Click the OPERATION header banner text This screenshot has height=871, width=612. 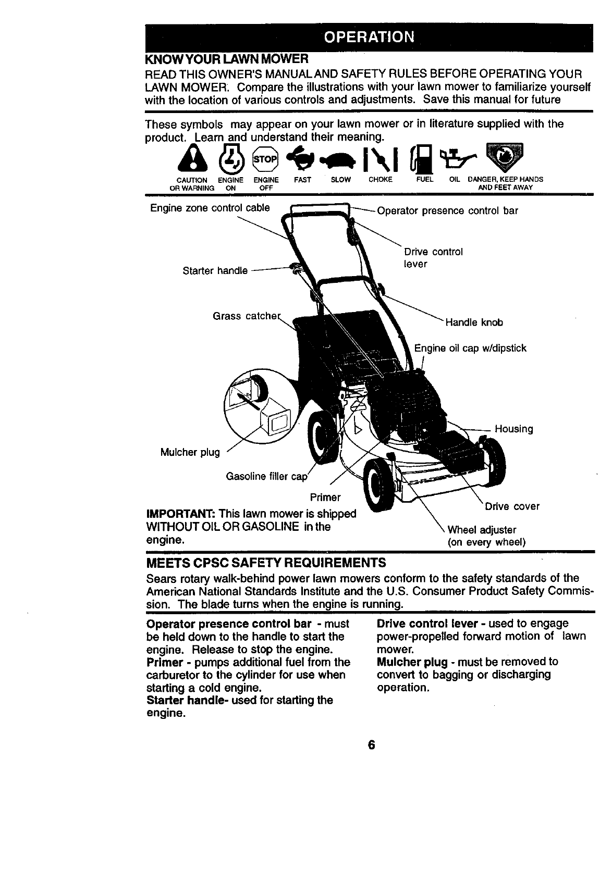pyautogui.click(x=369, y=38)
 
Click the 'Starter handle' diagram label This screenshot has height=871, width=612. pyautogui.click(x=215, y=271)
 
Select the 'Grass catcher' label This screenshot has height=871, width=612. pyautogui.click(x=246, y=316)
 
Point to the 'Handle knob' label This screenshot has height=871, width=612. pyautogui.click(x=474, y=322)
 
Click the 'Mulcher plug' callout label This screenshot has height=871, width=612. pyautogui.click(x=190, y=452)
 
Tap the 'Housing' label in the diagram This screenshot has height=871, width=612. pyautogui.click(x=513, y=429)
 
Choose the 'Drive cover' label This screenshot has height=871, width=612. pyautogui.click(x=512, y=506)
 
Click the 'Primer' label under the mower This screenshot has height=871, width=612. pyautogui.click(x=325, y=497)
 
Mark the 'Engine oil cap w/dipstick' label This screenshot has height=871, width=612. pyautogui.click(x=470, y=348)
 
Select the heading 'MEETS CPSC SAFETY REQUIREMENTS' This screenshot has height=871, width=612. pyautogui.click(x=266, y=563)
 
